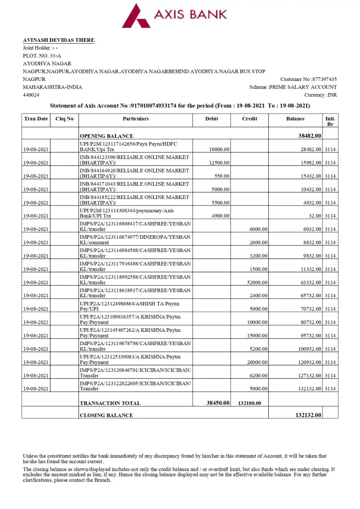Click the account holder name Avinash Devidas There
coord(59,40)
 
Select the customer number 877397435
coord(324,79)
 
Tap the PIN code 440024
coord(31,95)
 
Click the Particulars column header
coord(135,119)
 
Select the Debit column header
coord(211,119)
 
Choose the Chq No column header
coord(64,119)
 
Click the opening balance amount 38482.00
coord(310,136)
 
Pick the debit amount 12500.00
coord(219,163)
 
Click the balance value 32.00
coord(315,216)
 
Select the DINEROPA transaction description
coord(135,240)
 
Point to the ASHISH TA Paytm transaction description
coord(130,306)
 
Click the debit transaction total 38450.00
coord(217,403)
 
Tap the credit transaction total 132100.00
coord(250,403)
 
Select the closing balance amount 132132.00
coord(308,415)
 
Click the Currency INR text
coord(320,95)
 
